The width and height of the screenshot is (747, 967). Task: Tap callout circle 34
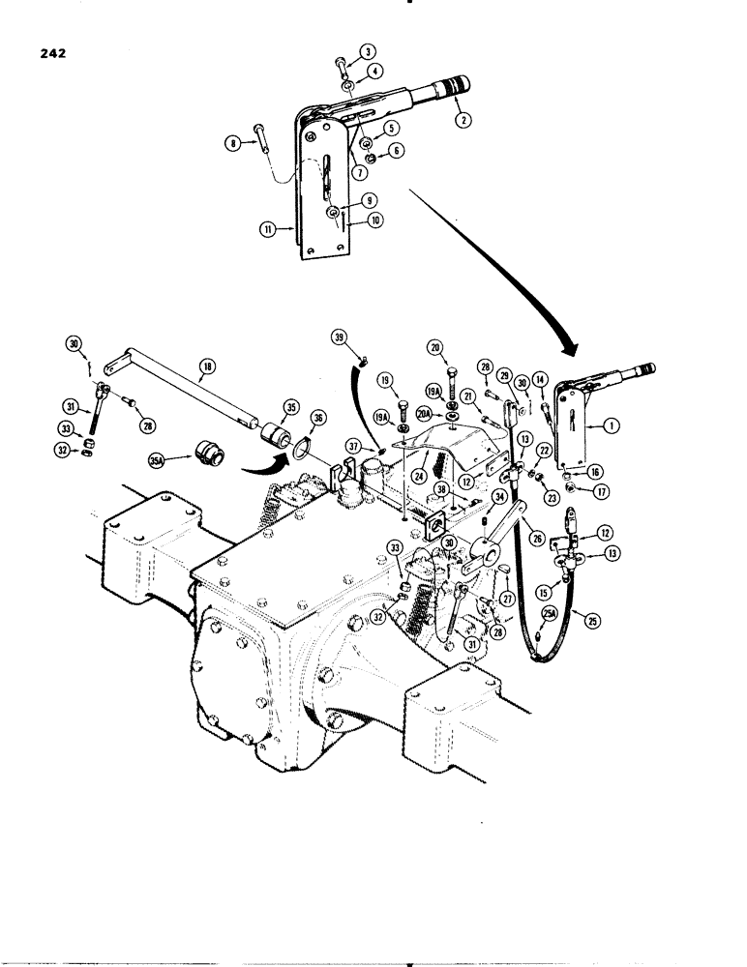500,497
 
